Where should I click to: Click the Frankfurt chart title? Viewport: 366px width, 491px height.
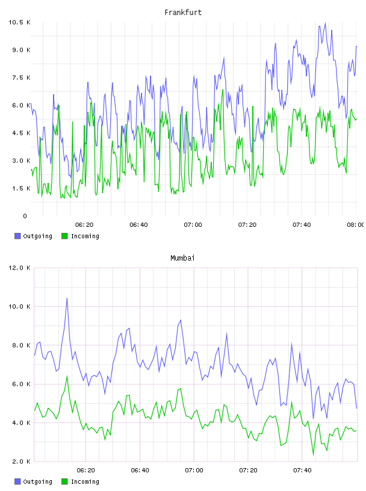(183, 13)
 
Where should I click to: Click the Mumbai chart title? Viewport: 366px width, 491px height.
(182, 258)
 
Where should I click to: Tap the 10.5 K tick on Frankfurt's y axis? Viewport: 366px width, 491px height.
(19, 22)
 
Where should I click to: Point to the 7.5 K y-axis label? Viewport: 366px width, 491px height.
(21, 78)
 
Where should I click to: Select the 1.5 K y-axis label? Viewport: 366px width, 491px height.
(21, 188)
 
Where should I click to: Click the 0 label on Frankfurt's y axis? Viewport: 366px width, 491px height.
(25, 216)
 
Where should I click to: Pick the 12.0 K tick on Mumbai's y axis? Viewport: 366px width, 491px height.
(19, 268)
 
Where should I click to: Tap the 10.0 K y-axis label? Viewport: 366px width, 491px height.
(19, 306)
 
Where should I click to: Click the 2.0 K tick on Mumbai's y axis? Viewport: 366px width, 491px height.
(21, 462)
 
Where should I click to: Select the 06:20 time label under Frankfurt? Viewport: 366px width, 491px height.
(84, 225)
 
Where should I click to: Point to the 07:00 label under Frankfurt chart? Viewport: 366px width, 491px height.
(193, 225)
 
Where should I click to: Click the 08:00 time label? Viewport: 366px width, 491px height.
(356, 225)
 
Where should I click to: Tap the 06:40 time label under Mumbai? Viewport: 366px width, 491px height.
(140, 471)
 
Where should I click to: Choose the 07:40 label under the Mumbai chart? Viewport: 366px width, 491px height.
(302, 471)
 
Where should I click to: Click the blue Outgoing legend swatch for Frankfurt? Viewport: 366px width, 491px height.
(17, 236)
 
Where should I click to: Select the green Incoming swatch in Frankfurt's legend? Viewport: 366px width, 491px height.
(64, 236)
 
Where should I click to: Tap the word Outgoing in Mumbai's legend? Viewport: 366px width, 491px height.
(37, 481)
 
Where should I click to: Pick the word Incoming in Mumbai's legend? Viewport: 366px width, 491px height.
(85, 481)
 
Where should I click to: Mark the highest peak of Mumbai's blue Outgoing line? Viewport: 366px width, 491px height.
(67, 298)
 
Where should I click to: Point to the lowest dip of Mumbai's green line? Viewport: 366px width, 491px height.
(313, 455)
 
